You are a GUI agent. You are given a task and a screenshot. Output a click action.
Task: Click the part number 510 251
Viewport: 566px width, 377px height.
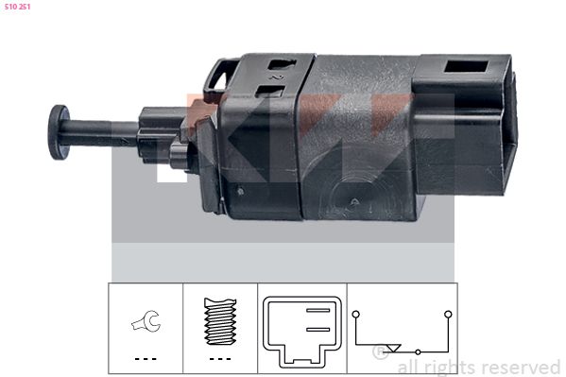pos(17,7)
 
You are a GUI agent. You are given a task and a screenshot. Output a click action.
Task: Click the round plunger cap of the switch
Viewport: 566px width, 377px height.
pos(59,132)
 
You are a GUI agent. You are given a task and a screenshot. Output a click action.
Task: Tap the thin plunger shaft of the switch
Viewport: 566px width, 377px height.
pos(102,133)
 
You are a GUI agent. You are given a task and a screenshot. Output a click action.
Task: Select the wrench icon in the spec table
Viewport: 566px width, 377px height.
pos(146,321)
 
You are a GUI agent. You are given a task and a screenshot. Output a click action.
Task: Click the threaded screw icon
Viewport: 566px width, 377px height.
pos(220,321)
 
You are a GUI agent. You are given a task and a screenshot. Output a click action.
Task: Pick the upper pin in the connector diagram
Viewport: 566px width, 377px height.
pos(318,310)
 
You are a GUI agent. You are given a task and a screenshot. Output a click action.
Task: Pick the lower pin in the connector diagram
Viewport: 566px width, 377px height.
pos(318,330)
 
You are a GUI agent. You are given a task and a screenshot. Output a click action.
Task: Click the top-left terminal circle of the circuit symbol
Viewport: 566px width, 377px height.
pos(356,314)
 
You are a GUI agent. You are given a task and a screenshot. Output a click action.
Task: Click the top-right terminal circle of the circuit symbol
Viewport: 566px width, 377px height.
pos(448,314)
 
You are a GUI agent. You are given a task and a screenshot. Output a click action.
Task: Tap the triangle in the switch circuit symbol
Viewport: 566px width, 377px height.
pos(393,348)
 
